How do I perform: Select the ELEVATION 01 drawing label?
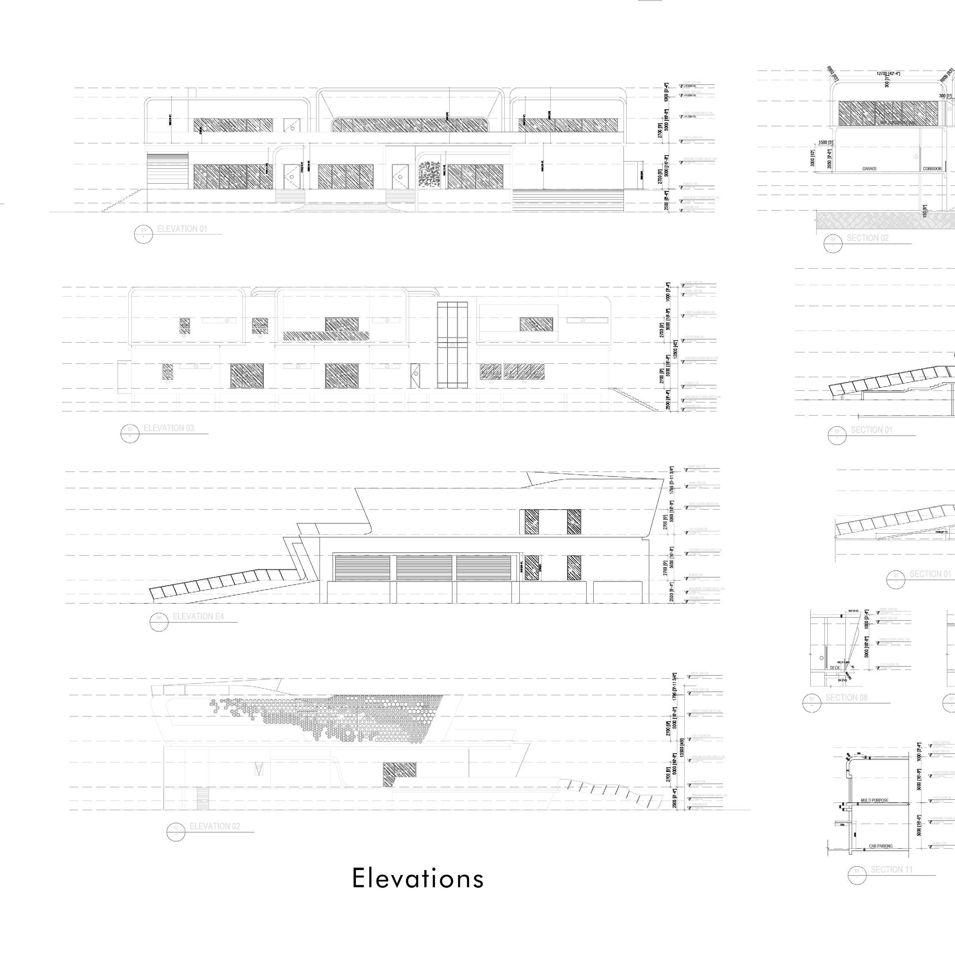point(182,229)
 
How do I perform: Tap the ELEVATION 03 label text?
point(169,428)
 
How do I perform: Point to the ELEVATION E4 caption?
point(198,617)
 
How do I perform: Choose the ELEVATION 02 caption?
point(214,826)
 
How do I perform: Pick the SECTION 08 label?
point(846,697)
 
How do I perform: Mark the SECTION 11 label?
point(892,870)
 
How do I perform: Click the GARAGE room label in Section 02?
point(870,169)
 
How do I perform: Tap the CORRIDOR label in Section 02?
point(932,169)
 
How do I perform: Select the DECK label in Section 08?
point(835,668)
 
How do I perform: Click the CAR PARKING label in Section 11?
point(881,846)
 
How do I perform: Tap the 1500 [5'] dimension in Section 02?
point(826,143)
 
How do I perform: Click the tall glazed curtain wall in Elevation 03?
point(452,345)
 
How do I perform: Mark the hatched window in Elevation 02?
point(399,774)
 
